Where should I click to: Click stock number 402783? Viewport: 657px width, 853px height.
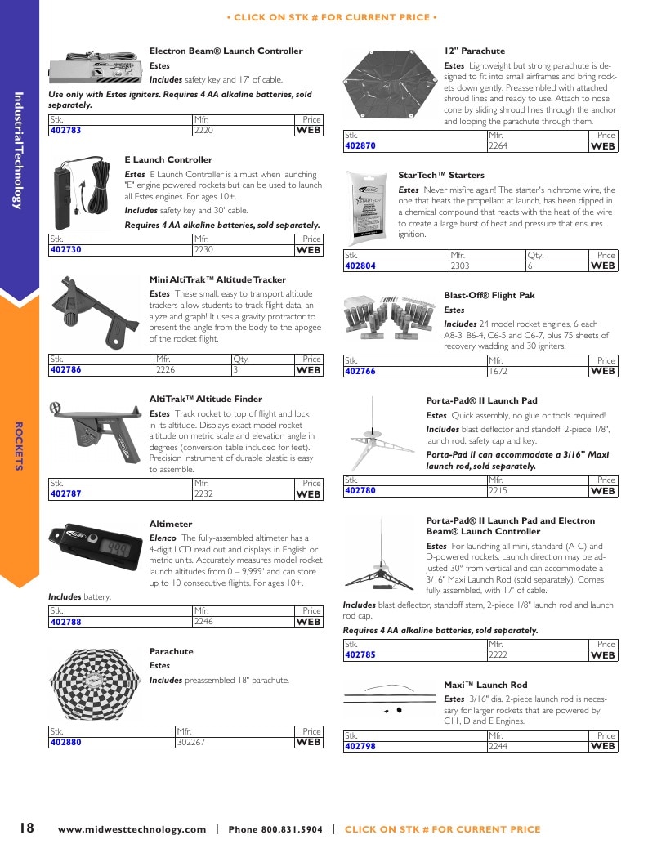tap(66, 131)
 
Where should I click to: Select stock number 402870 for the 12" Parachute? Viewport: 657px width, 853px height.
tap(360, 145)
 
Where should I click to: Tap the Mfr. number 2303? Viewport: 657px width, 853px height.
tap(459, 266)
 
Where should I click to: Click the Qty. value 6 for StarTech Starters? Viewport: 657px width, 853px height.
tap(530, 266)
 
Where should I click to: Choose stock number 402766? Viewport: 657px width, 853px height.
tap(360, 371)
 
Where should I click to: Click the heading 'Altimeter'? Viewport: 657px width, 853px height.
tap(171, 524)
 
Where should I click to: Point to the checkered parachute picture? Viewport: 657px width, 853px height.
tap(95, 683)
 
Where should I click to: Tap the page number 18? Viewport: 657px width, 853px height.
tap(27, 828)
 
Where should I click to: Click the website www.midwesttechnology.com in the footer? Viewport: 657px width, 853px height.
tap(132, 829)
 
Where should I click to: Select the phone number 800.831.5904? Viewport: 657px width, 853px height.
tap(292, 829)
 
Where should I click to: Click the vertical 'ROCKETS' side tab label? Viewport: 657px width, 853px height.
tap(19, 447)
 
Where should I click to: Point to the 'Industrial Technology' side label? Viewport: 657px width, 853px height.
tap(19, 150)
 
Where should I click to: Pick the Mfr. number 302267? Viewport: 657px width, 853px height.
tap(191, 742)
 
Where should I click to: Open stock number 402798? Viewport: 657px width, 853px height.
tap(360, 747)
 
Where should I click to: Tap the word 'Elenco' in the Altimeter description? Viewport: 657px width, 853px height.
tap(163, 538)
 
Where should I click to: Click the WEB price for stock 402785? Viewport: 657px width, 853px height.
tap(602, 655)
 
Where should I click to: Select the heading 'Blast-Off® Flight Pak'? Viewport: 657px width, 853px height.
tap(489, 296)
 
